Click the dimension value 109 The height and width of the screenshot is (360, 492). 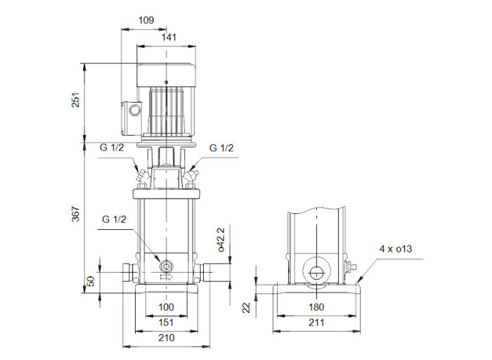pos(145,20)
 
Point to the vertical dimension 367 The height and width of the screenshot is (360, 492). pos(75,214)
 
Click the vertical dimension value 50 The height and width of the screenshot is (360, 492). pos(89,280)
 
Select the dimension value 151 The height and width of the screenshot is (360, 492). pos(165,323)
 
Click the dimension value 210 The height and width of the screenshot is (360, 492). pos(165,338)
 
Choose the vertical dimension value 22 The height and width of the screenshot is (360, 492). pos(247,307)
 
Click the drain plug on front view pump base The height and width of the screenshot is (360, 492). pos(167,266)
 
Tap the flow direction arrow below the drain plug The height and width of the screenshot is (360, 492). pos(166,277)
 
